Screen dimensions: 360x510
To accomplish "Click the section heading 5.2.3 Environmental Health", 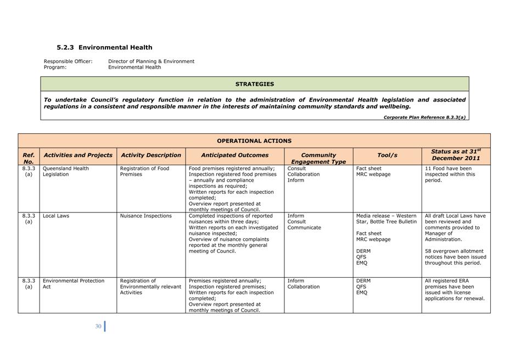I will (x=104, y=48).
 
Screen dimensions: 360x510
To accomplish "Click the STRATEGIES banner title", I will (x=254, y=84).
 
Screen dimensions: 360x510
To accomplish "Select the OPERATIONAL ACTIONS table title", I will (x=254, y=141).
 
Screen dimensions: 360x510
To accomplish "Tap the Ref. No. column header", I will (x=29, y=158).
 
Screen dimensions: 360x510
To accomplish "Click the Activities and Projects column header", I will (x=78, y=155).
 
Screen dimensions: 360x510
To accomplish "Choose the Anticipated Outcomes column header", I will (x=234, y=155).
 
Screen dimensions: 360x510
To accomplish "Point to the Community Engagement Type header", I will (x=318, y=158).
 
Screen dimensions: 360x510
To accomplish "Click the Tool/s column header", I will (x=387, y=155).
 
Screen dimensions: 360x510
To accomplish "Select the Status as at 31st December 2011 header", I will (x=456, y=154).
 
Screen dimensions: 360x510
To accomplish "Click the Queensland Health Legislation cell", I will (x=65, y=171).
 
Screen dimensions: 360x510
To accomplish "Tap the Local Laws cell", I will (x=56, y=216).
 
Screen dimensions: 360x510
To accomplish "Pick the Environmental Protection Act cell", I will (x=73, y=284).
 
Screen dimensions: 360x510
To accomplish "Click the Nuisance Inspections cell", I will (x=145, y=216).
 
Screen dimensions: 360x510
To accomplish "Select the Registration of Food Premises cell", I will (x=144, y=171).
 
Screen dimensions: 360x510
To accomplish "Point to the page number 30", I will (x=98, y=326).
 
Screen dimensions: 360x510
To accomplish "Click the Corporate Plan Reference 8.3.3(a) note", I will (x=424, y=117).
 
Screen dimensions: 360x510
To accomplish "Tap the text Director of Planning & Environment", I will (x=151, y=61).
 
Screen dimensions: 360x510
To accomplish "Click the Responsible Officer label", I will (x=68, y=61).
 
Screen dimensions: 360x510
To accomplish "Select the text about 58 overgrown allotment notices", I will (x=455, y=257).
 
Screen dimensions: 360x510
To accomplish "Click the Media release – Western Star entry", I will (x=386, y=218).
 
